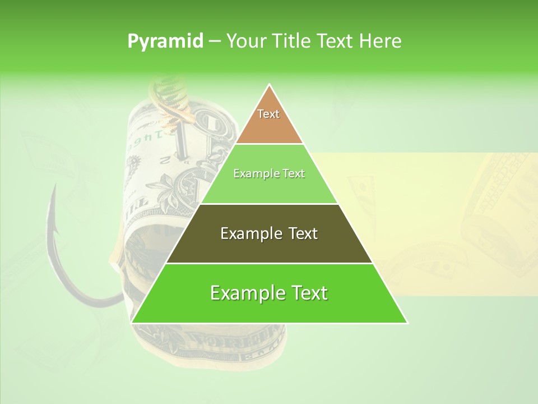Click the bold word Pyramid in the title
tap(165, 41)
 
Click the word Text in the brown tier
tap(268, 114)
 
